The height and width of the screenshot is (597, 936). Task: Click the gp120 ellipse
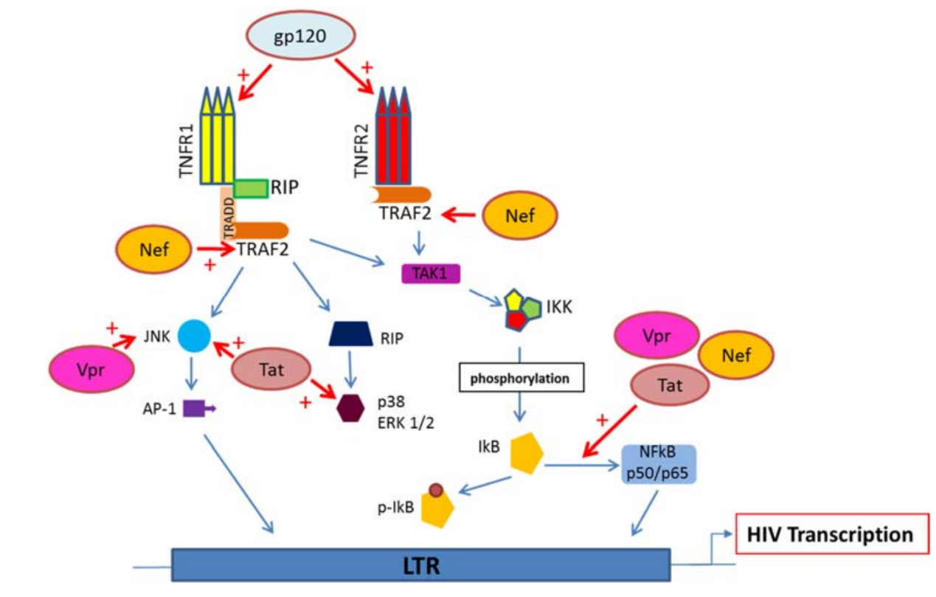click(x=300, y=35)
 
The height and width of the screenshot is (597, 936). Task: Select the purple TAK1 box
click(x=431, y=274)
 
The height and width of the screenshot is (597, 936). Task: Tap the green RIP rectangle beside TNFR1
click(x=251, y=189)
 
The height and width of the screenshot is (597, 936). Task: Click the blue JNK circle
click(x=194, y=336)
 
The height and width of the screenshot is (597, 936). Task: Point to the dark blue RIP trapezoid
click(x=350, y=334)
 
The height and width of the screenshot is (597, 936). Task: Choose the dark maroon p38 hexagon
click(x=350, y=408)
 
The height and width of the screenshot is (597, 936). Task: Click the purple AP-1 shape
click(x=199, y=408)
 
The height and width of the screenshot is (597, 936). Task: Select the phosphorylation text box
click(x=521, y=378)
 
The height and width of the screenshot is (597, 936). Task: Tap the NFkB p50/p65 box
click(x=658, y=464)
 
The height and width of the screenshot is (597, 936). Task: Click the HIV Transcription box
click(x=831, y=534)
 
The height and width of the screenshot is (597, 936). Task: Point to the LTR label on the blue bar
click(x=421, y=566)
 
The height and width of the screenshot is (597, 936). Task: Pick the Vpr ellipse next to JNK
click(x=91, y=369)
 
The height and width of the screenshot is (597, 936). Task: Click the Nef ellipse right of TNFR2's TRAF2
click(x=519, y=215)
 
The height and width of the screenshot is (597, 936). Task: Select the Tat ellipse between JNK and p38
click(x=271, y=369)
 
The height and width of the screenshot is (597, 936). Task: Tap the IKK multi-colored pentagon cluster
click(x=522, y=310)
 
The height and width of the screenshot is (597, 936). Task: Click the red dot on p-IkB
click(x=436, y=490)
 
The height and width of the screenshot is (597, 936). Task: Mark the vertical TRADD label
click(x=229, y=218)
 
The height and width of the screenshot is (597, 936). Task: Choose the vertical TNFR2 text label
click(x=361, y=151)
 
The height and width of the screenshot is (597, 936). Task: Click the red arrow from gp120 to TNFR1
click(x=254, y=83)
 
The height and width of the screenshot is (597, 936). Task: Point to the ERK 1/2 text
click(x=406, y=423)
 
